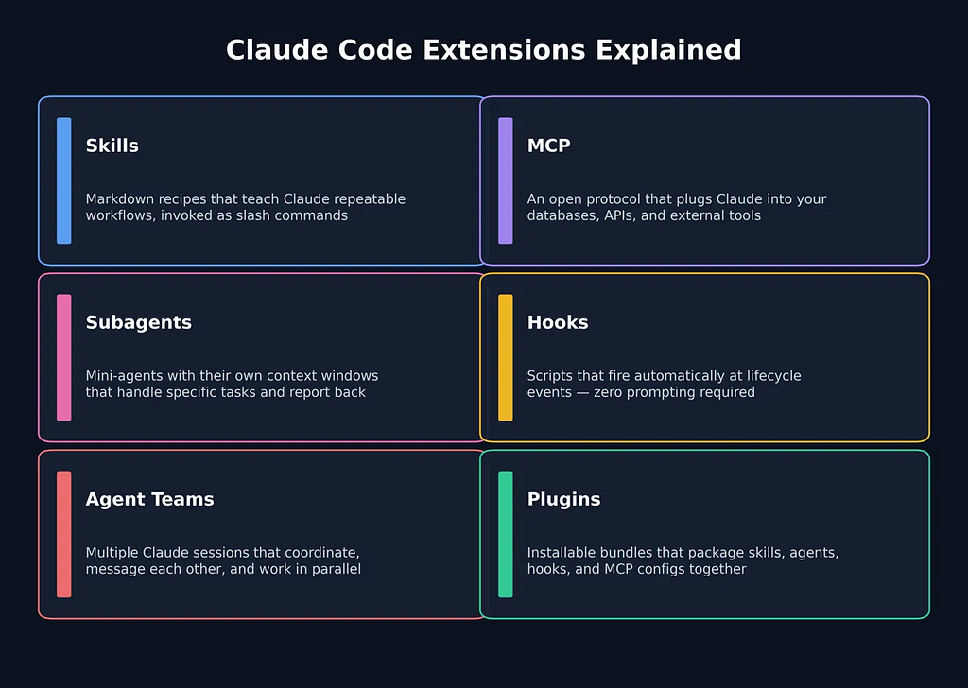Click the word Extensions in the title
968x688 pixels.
tap(504, 50)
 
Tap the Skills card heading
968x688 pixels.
tap(112, 146)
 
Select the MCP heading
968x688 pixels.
tap(549, 146)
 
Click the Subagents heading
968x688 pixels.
tap(138, 322)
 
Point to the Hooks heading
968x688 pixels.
tap(558, 322)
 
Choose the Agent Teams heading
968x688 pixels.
tap(149, 499)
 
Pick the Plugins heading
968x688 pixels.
tap(563, 499)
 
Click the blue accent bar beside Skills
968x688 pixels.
tap(64, 181)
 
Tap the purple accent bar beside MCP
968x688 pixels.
tap(506, 181)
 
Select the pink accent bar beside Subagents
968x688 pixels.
tap(64, 357)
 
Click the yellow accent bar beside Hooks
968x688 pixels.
tap(506, 357)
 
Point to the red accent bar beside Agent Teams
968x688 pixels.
tap(64, 534)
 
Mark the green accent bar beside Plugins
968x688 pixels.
tap(506, 534)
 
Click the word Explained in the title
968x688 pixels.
tap(668, 51)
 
